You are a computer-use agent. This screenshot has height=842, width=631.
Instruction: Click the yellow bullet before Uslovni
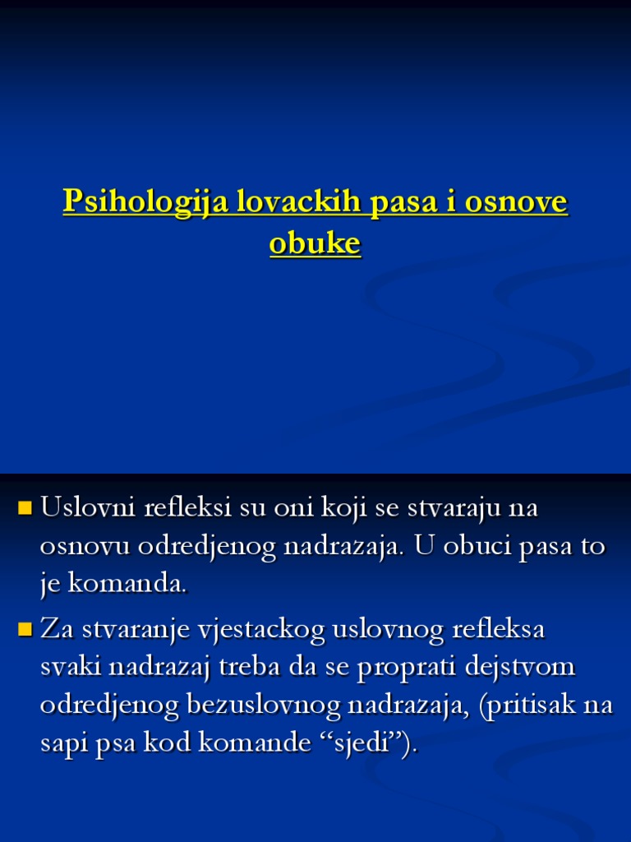pos(24,507)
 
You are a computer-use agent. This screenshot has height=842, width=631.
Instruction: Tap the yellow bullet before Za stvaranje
pos(24,630)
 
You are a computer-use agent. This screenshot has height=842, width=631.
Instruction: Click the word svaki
pos(69,668)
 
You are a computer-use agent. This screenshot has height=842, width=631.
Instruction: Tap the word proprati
pos(403,668)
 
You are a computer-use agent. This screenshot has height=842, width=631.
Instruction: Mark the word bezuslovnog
pos(263,706)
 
